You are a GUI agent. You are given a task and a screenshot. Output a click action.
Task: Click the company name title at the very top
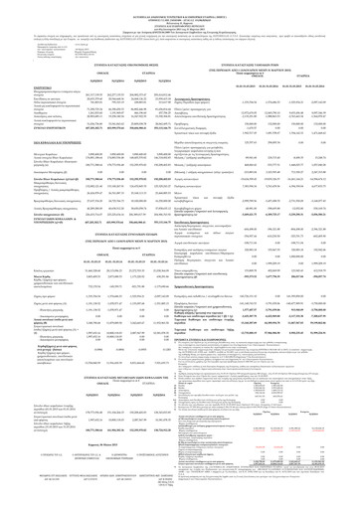[x=180, y=9]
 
